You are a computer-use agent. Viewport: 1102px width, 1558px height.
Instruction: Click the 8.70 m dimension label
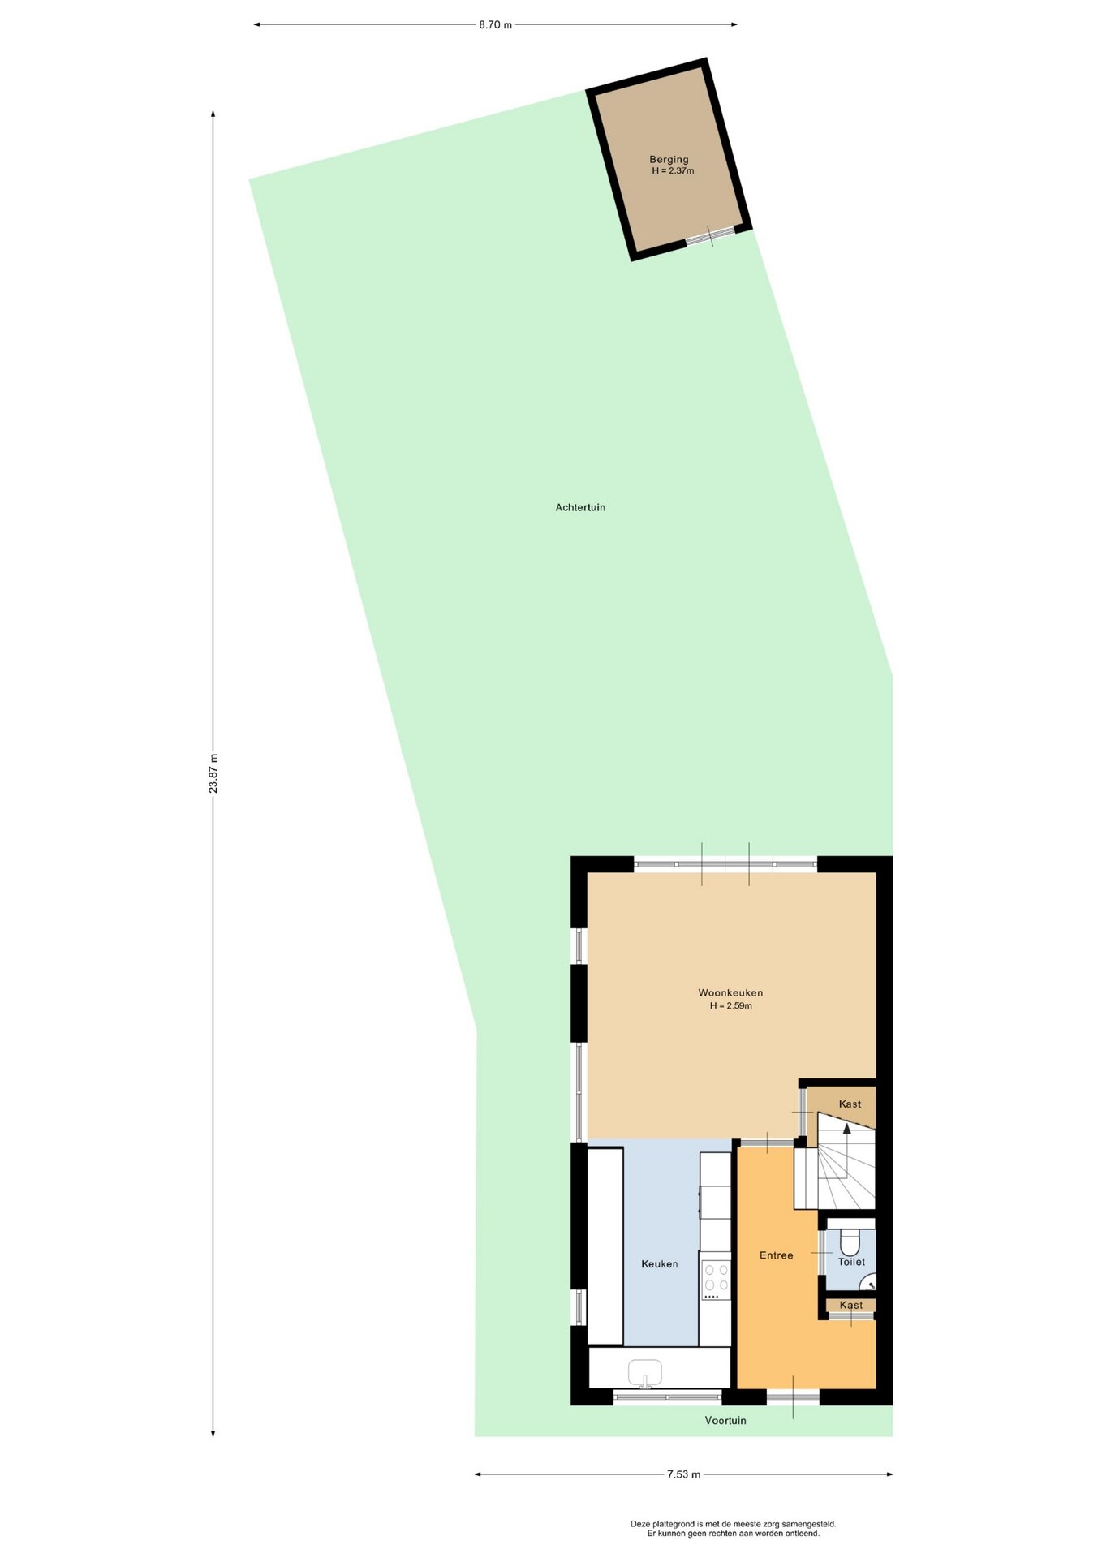point(495,24)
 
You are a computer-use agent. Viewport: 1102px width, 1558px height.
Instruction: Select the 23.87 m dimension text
point(213,773)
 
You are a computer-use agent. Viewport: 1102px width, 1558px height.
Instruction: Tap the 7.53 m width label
point(683,1474)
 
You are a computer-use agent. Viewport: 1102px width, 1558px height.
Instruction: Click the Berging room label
point(669,160)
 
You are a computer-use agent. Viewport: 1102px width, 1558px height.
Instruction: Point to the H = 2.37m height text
point(673,171)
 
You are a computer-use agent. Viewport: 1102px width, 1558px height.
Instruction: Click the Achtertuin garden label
point(580,507)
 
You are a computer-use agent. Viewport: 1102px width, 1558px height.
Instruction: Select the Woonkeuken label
point(730,992)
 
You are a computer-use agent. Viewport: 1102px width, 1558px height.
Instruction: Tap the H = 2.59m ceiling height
point(731,1005)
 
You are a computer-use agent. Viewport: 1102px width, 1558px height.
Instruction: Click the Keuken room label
point(659,1263)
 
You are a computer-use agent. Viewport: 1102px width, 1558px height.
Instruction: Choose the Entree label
point(777,1255)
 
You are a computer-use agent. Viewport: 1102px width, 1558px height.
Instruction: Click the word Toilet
point(851,1262)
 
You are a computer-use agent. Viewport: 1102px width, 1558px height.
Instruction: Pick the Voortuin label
point(725,1420)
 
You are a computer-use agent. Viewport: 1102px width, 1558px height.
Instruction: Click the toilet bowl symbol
point(850,1242)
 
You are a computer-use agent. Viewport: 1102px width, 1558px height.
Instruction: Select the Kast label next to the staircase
point(850,1104)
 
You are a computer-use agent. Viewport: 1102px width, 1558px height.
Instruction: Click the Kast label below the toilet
point(851,1305)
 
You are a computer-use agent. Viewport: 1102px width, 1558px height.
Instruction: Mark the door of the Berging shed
point(710,236)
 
